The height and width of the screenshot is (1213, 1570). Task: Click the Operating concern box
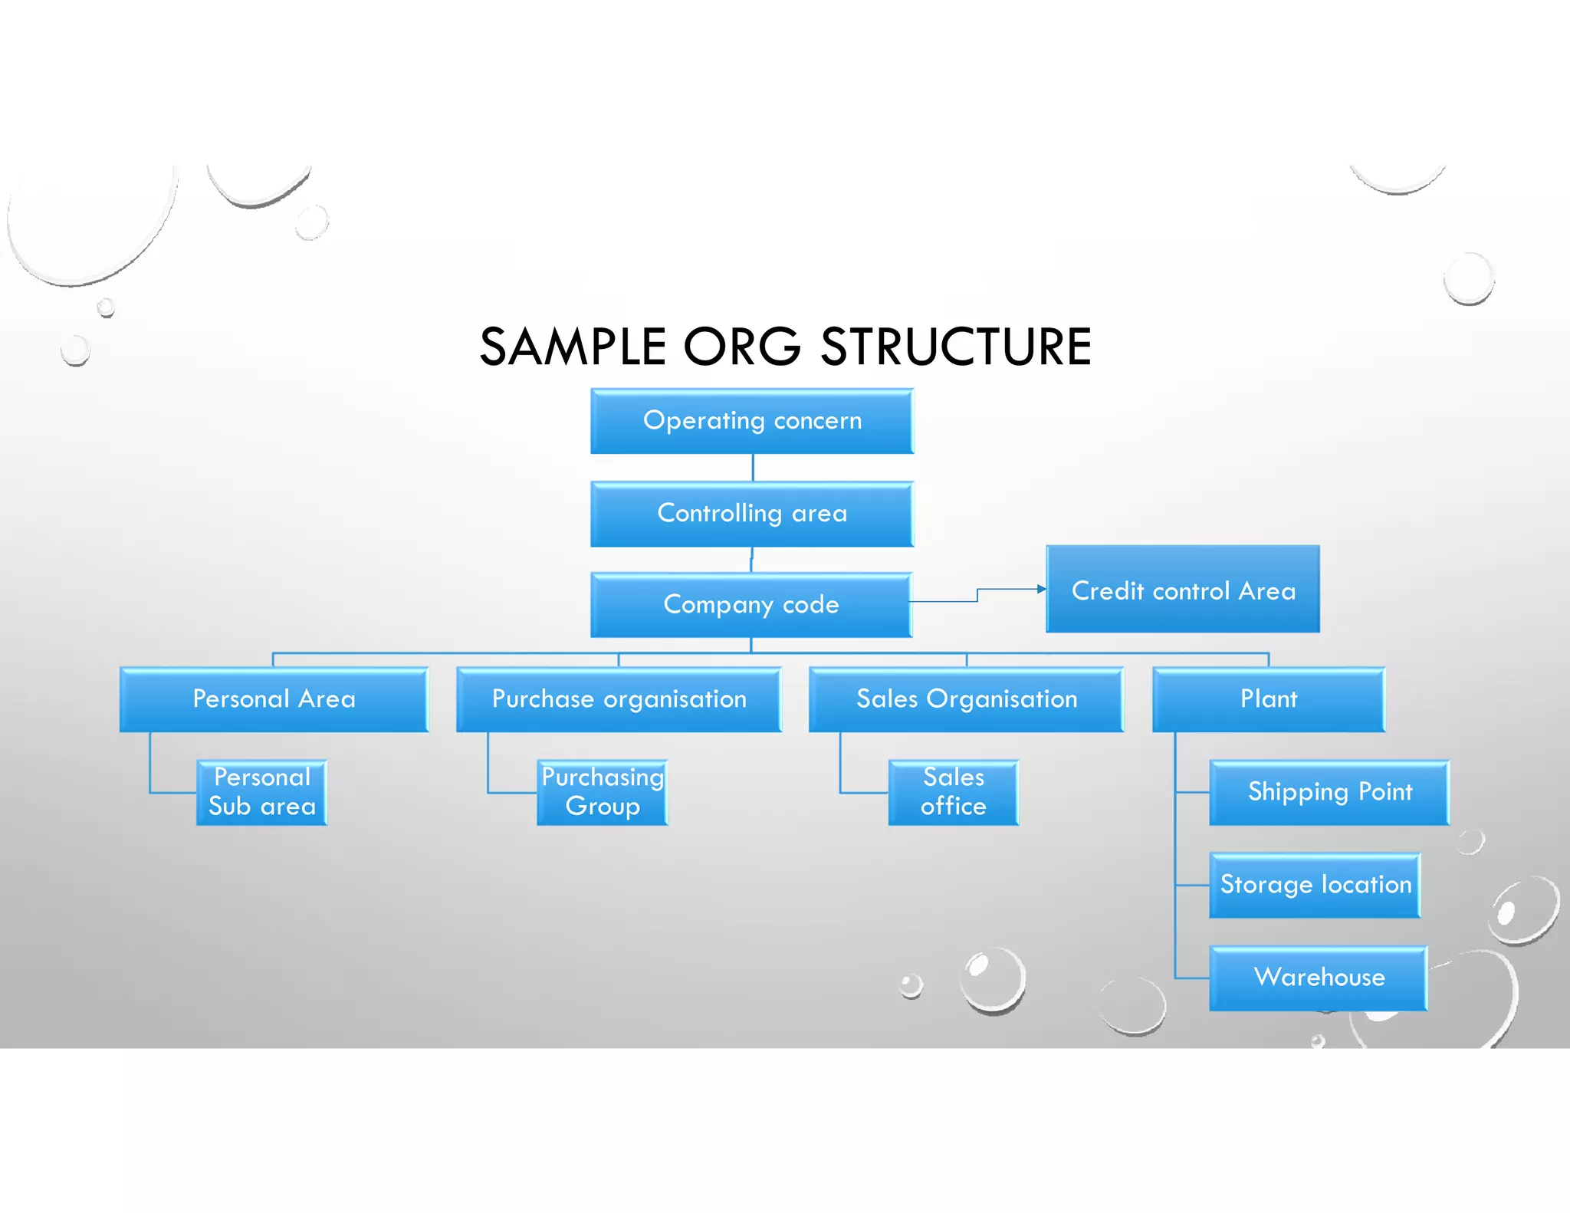tap(751, 421)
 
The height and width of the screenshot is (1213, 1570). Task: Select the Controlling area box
tap(751, 513)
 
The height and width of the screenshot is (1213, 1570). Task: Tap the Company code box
tap(751, 604)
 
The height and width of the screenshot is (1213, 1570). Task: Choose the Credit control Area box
tap(1182, 590)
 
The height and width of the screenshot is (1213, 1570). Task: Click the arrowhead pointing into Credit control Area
tap(1041, 589)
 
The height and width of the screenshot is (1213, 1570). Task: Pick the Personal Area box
tap(274, 699)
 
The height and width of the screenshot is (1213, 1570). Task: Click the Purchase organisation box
tap(619, 699)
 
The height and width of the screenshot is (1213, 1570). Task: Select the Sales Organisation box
tap(966, 699)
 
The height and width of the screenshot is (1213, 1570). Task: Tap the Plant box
tap(1269, 699)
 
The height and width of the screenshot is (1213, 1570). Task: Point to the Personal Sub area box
tap(261, 792)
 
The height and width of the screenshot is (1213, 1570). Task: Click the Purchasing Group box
tap(602, 792)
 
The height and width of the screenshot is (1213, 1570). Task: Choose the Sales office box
tap(953, 792)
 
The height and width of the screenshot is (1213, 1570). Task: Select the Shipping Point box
tap(1329, 792)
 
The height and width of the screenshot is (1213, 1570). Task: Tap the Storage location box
tap(1315, 885)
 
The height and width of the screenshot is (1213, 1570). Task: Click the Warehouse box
tap(1318, 978)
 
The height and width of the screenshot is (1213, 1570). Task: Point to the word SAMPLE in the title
tap(573, 347)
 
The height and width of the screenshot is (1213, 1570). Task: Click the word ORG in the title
tap(741, 347)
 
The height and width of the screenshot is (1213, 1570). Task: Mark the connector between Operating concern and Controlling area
tap(753, 467)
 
